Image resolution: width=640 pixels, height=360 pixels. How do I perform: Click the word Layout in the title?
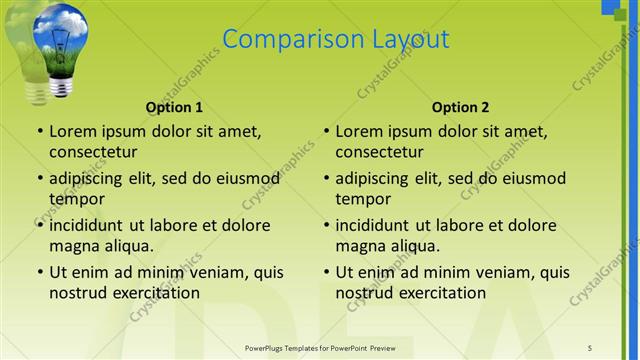(x=408, y=40)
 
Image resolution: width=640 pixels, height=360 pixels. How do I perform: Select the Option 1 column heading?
(x=174, y=107)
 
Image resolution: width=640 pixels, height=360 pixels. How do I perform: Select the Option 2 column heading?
(x=460, y=107)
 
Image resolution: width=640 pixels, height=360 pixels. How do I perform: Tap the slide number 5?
(x=590, y=347)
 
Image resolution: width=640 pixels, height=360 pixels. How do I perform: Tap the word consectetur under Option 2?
(x=379, y=152)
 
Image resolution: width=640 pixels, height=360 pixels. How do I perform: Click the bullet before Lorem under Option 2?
(x=326, y=132)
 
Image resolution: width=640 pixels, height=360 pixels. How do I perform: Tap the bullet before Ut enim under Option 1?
(x=39, y=272)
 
